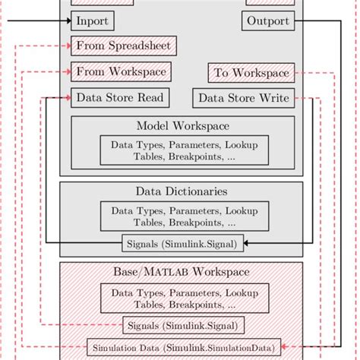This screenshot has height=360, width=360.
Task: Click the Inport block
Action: pos(93,21)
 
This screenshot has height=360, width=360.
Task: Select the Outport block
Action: pos(268,21)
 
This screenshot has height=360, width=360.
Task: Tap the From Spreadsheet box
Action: pos(125,46)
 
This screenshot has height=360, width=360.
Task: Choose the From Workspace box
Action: pos(120,71)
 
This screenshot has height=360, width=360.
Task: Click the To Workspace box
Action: pos(251,73)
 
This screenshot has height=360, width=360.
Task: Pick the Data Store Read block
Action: pos(120,98)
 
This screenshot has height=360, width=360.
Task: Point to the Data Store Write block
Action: pos(245,98)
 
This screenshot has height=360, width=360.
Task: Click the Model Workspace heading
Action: pos(183,125)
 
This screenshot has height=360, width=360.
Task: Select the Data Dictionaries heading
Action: pos(182,191)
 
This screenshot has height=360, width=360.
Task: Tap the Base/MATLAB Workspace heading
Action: pos(182,271)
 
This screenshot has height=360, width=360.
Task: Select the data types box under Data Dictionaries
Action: pos(184,216)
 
